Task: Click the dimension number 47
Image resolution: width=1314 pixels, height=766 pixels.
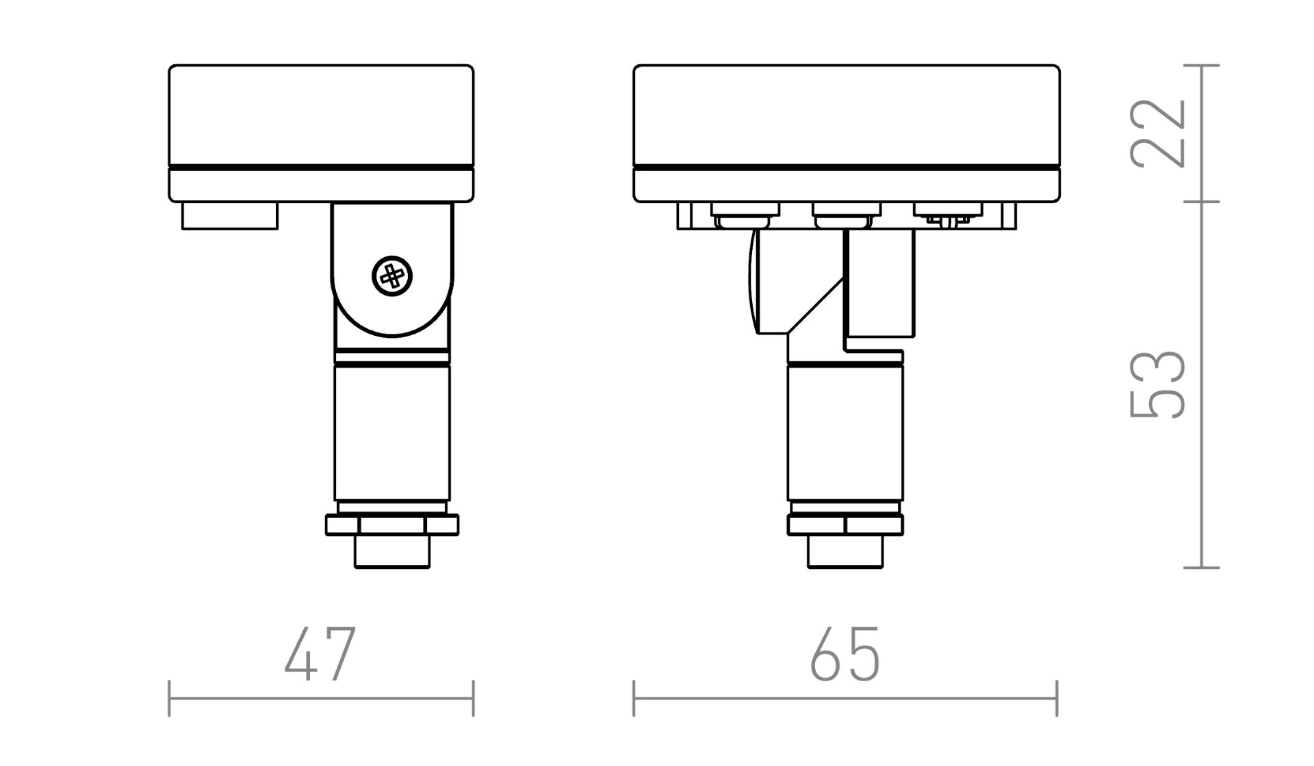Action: (x=320, y=655)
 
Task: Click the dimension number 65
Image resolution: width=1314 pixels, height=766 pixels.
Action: (x=845, y=655)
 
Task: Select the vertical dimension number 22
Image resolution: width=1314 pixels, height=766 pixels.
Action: (x=1157, y=133)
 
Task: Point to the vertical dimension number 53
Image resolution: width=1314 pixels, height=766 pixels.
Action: (x=1157, y=384)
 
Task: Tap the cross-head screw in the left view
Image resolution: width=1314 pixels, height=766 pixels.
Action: (x=392, y=276)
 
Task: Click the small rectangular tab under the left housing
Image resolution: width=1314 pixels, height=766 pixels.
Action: (x=230, y=215)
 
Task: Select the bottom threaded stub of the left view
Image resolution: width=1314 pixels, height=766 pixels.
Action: (x=392, y=551)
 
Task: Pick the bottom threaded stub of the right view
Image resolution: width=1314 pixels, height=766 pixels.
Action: (x=845, y=551)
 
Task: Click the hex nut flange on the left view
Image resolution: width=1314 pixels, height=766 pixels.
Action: (x=392, y=525)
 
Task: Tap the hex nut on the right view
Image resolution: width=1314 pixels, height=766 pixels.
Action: (x=845, y=525)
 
